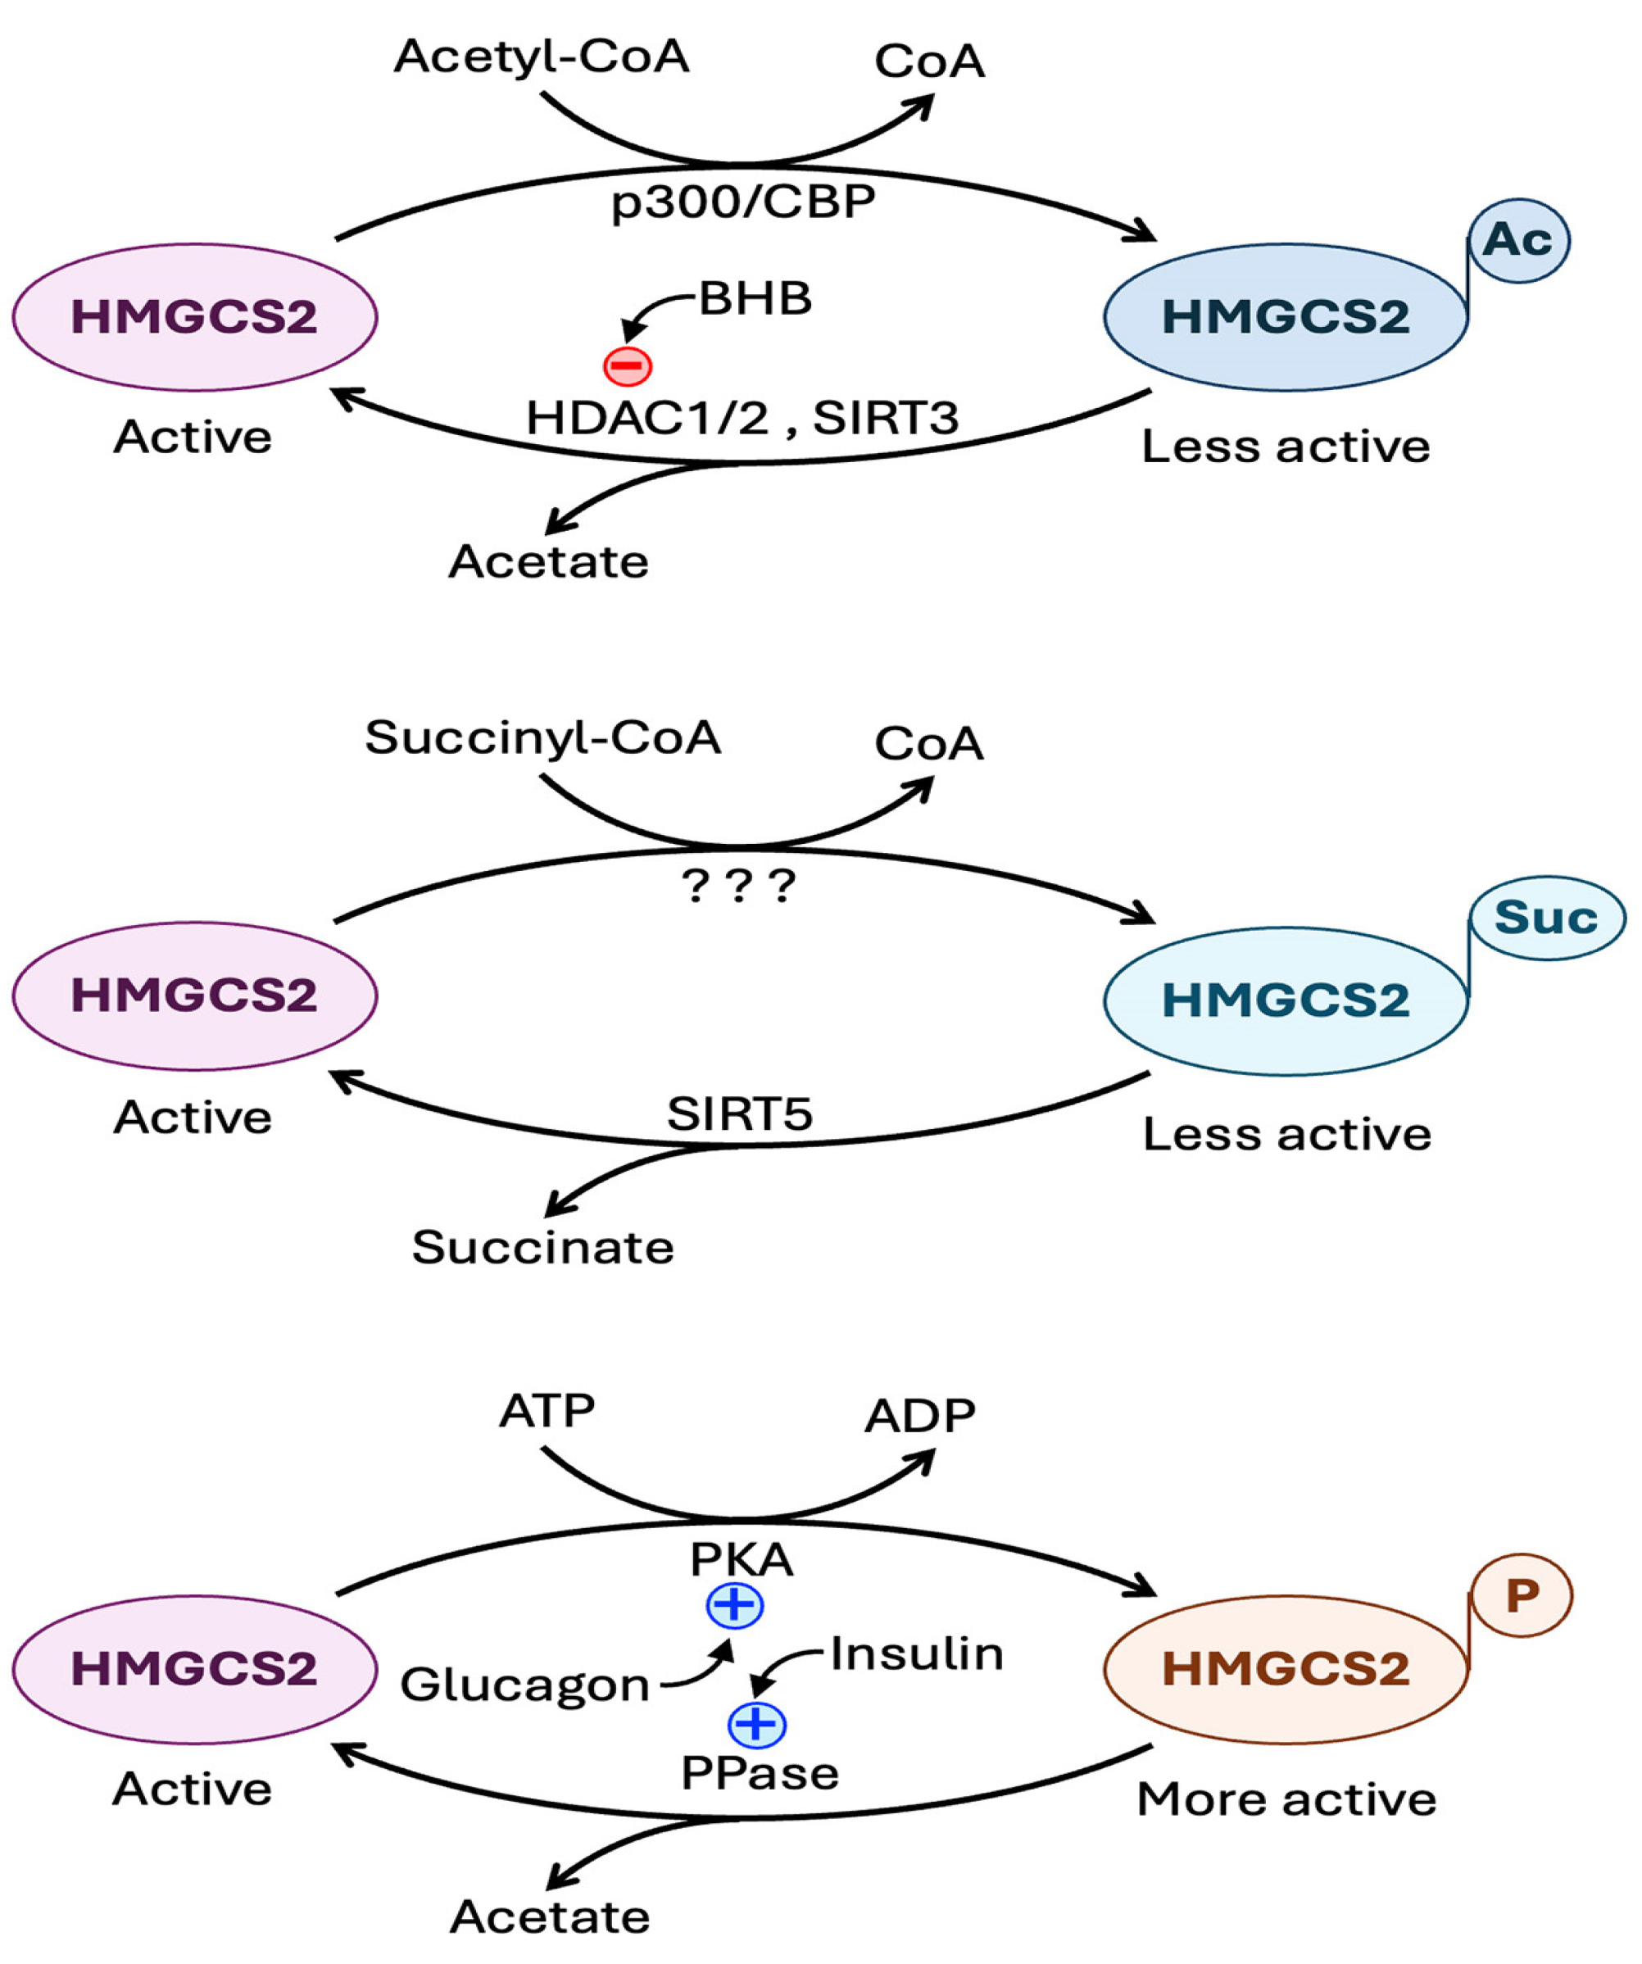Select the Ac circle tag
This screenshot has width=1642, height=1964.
[1519, 240]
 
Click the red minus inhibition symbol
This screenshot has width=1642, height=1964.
[628, 365]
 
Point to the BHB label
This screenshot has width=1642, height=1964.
[755, 299]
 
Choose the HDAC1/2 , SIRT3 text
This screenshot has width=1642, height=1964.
[742, 417]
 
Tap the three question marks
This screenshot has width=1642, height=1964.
[739, 885]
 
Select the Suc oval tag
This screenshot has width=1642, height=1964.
[1548, 918]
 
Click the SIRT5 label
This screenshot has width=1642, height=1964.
[740, 1114]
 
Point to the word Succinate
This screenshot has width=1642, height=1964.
[542, 1248]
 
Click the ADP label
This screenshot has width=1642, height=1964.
[920, 1417]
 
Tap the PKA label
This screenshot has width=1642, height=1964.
[742, 1559]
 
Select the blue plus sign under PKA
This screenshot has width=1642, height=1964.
[735, 1606]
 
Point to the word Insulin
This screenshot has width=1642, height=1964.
[916, 1654]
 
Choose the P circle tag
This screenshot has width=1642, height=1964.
[1522, 1595]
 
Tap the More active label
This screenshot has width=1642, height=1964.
[1286, 1799]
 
